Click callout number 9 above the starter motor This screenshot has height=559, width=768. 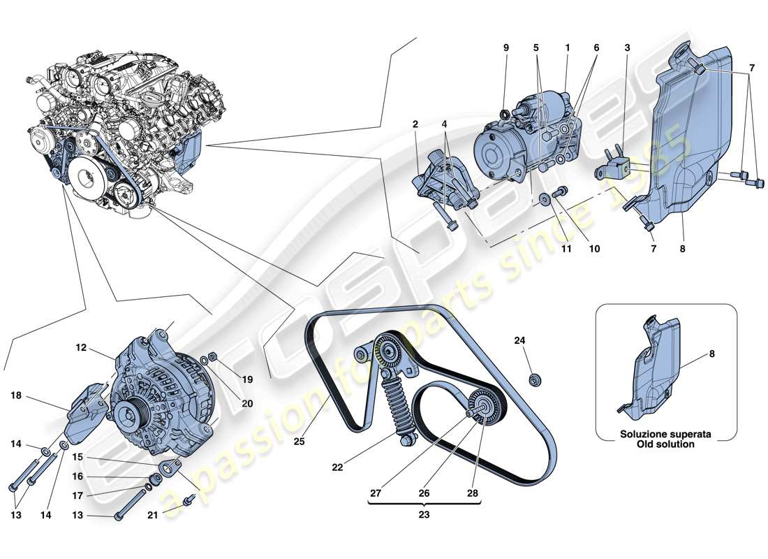point(506,48)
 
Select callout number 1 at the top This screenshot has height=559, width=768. point(568,48)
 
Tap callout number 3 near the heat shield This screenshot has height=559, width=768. point(627,48)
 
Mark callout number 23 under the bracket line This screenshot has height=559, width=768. point(424,515)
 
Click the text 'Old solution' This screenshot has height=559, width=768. point(667,444)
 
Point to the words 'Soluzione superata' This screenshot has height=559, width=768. point(667,434)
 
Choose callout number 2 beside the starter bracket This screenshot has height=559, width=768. point(415,125)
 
